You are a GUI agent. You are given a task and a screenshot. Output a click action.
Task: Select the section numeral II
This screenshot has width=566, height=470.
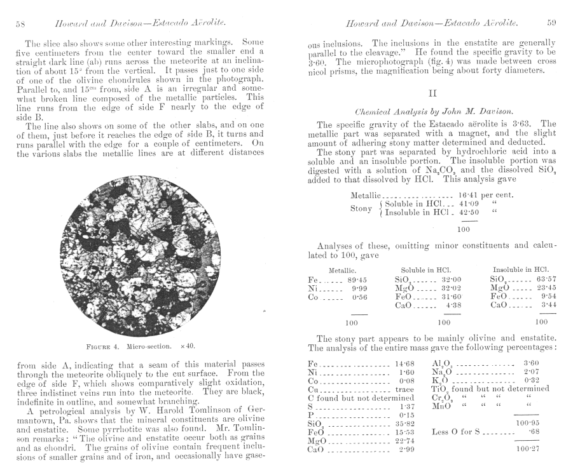(430, 92)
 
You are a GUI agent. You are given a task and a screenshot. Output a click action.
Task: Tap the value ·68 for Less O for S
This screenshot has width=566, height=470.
(533, 432)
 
